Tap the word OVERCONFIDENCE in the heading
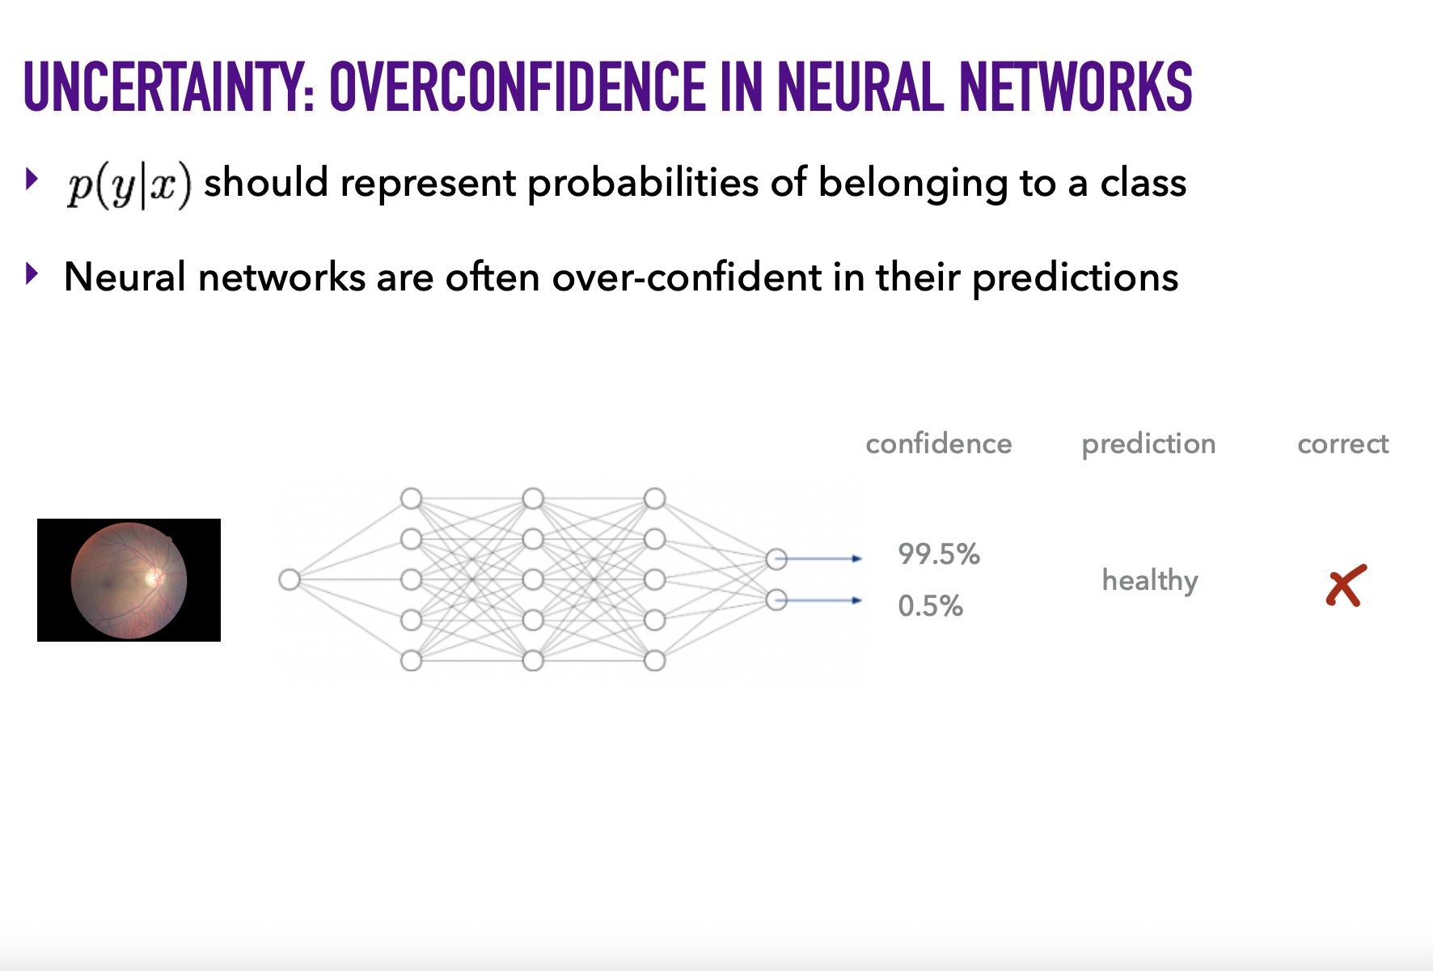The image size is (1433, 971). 518,87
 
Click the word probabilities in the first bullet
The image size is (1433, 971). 643,184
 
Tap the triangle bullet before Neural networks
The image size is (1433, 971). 32,274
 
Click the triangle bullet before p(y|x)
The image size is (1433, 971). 32,179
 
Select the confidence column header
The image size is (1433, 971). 938,443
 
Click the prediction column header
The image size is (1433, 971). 1148,444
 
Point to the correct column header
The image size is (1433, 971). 1342,444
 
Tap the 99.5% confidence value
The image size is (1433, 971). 939,554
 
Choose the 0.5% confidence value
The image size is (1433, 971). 930,606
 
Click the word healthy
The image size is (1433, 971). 1150,581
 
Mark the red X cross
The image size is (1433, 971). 1346,586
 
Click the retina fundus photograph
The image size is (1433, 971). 129,580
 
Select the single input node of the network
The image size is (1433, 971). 289,579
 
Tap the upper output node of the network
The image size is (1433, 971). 776,558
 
